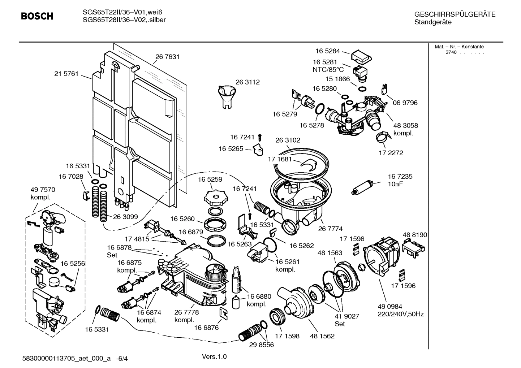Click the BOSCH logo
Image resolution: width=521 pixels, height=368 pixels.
pyautogui.click(x=37, y=16)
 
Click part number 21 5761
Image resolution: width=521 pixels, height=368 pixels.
pyautogui.click(x=66, y=74)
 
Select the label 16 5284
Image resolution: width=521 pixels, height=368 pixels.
pyautogui.click(x=327, y=51)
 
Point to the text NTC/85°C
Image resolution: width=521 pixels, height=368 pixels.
pyautogui.click(x=328, y=70)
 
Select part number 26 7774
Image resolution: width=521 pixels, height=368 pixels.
pyautogui.click(x=330, y=229)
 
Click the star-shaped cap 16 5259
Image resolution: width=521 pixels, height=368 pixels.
pyautogui.click(x=217, y=197)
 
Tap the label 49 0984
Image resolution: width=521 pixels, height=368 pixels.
pyautogui.click(x=390, y=307)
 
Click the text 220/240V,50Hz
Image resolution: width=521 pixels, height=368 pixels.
pyautogui.click(x=401, y=314)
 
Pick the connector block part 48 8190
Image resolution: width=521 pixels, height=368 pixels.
pyautogui.click(x=413, y=247)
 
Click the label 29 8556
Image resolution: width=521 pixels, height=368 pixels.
pyautogui.click(x=261, y=345)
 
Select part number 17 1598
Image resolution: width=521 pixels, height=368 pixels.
pyautogui.click(x=287, y=336)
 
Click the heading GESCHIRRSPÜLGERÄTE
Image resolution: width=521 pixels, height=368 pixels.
pyautogui.click(x=455, y=14)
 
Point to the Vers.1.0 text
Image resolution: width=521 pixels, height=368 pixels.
pyautogui.click(x=214, y=357)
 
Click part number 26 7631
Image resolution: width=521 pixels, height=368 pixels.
pyautogui.click(x=167, y=57)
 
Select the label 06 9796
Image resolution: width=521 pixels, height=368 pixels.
pyautogui.click(x=405, y=103)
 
